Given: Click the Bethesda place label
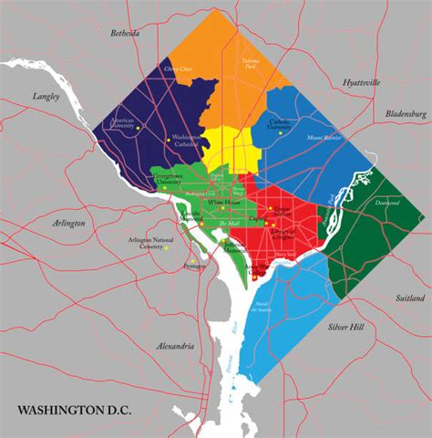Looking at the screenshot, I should pos(126,33).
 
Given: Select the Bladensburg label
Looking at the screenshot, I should pos(406,114).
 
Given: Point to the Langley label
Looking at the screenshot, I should pos(46,94).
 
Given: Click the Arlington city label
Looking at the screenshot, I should pos(68,222).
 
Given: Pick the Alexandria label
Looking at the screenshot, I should pos(175,347).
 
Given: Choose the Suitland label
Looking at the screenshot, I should pos(412,297).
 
